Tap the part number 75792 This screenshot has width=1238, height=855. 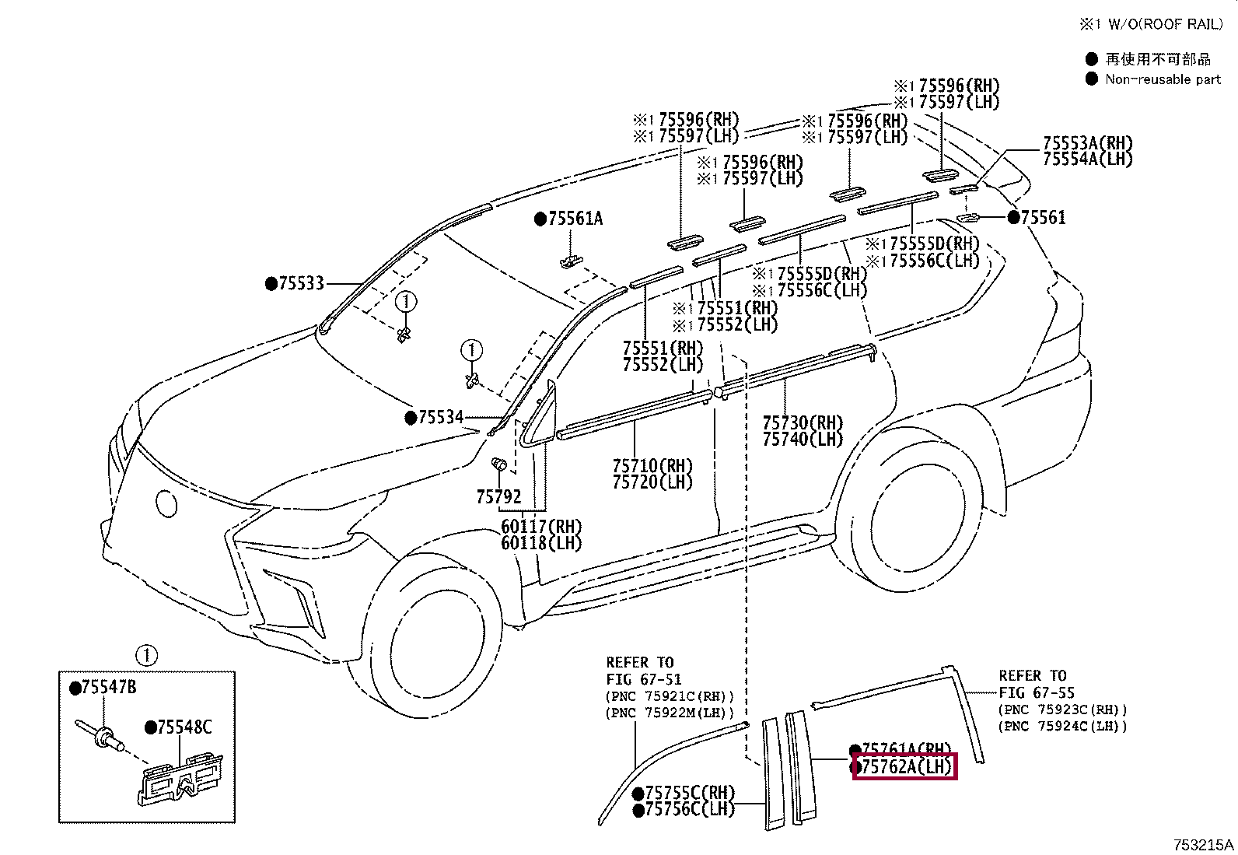pyautogui.click(x=498, y=496)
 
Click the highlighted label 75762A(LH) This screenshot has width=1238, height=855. pyautogui.click(x=904, y=766)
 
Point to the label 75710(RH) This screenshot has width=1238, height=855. pyautogui.click(x=652, y=466)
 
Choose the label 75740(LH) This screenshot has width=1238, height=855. pyautogui.click(x=802, y=439)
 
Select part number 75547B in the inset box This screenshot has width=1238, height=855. pyautogui.click(x=108, y=688)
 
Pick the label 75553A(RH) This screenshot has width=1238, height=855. pyautogui.click(x=1087, y=143)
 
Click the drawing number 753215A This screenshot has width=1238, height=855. pyautogui.click(x=1203, y=845)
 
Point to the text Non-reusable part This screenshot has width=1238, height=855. pyautogui.click(x=1163, y=79)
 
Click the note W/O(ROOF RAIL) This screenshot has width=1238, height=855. pyautogui.click(x=1164, y=25)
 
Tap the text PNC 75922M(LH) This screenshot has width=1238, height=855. pyautogui.click(x=670, y=713)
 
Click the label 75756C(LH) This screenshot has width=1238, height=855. pyautogui.click(x=688, y=809)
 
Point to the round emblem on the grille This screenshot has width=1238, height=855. pyautogui.click(x=166, y=503)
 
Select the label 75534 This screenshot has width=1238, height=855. pyautogui.click(x=439, y=418)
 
